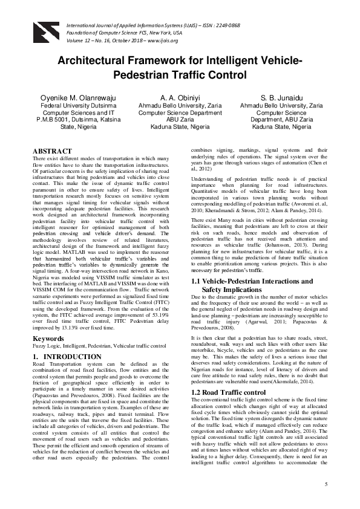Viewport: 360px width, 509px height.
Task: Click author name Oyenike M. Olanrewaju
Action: pyautogui.click(x=74, y=97)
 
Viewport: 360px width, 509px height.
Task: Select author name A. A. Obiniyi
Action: pyautogui.click(x=180, y=97)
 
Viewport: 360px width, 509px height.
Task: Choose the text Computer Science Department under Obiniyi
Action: pyautogui.click(x=180, y=112)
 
